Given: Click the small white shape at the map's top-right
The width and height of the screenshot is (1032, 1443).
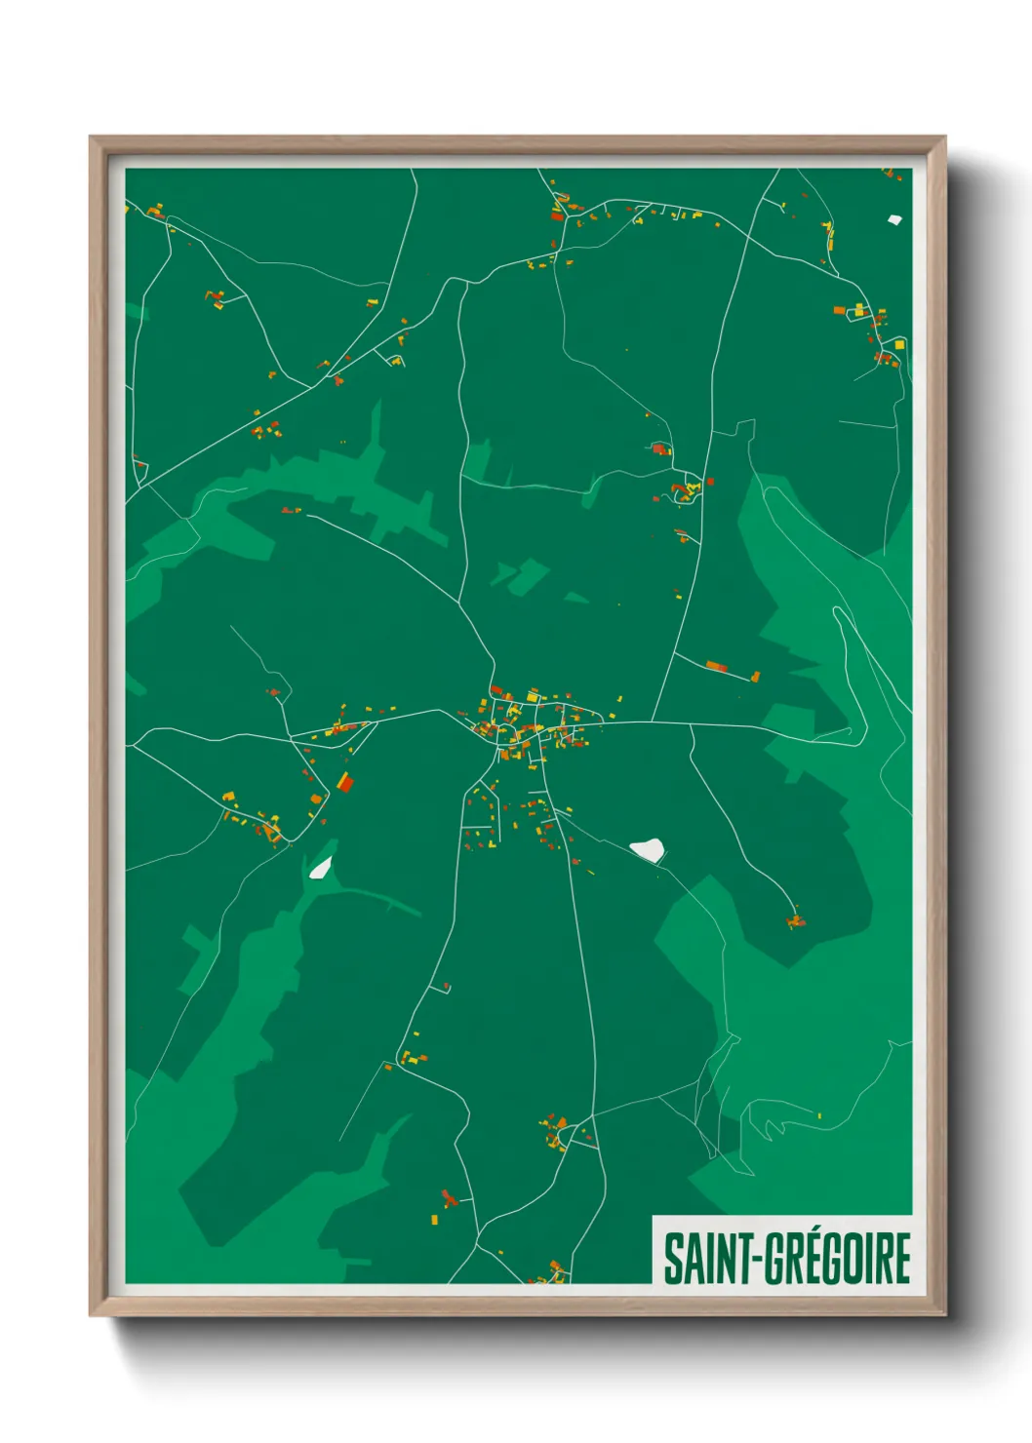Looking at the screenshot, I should (893, 219).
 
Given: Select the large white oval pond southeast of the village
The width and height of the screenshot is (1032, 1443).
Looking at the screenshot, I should (648, 849).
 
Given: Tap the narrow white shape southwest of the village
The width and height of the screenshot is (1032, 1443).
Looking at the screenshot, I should (320, 867).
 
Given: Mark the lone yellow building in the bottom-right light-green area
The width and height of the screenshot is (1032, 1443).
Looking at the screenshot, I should (819, 1115).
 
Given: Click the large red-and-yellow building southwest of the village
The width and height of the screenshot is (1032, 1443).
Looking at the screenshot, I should (344, 781).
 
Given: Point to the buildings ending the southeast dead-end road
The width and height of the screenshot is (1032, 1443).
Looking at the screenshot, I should (796, 920).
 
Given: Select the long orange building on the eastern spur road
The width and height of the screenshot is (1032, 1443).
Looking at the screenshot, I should (716, 667).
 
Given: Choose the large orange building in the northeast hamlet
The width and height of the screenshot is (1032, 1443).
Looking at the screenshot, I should (839, 310).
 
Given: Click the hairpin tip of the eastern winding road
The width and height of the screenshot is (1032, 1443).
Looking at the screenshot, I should (837, 612).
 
